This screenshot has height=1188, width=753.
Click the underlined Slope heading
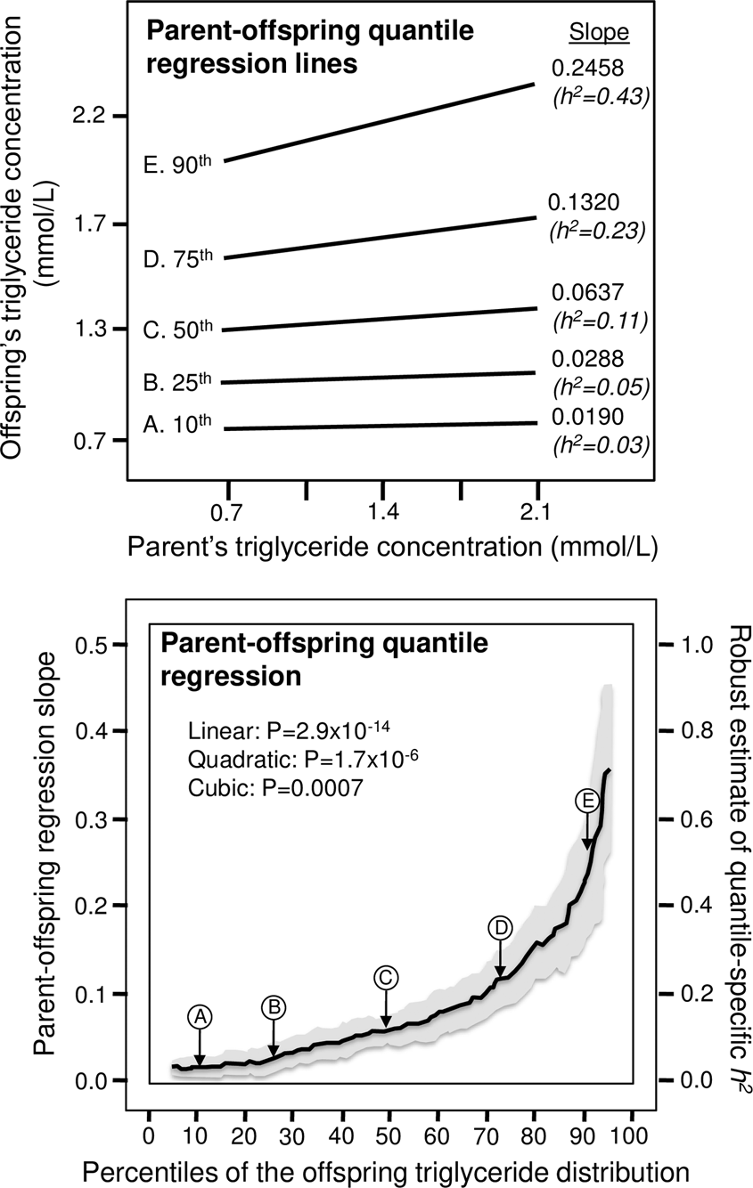599,32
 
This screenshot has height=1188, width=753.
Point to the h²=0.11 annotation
598,319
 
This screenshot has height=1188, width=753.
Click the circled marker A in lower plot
200,1016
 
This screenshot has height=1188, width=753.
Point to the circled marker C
385,977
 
